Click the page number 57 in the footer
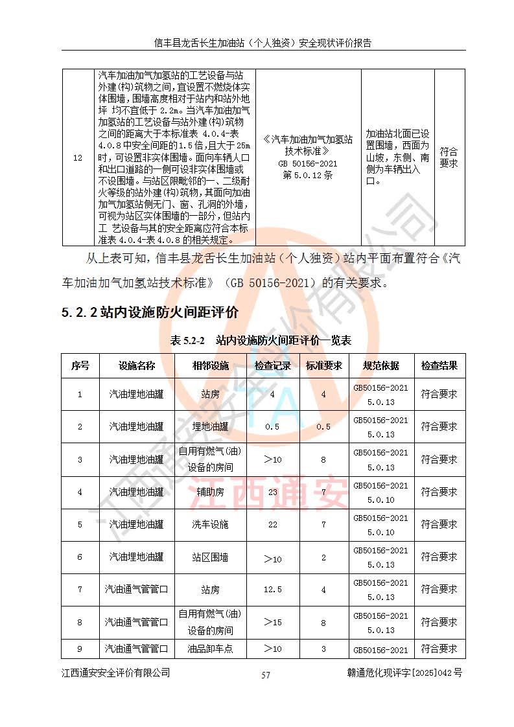(x=265, y=675)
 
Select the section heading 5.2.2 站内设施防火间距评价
(x=150, y=312)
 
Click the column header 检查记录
(x=272, y=365)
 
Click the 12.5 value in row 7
(x=272, y=590)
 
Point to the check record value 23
(x=272, y=492)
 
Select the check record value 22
(x=272, y=524)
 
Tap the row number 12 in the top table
(x=78, y=157)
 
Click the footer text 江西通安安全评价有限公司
(x=116, y=673)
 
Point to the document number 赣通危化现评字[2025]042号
(x=404, y=673)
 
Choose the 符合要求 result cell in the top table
(x=449, y=157)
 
